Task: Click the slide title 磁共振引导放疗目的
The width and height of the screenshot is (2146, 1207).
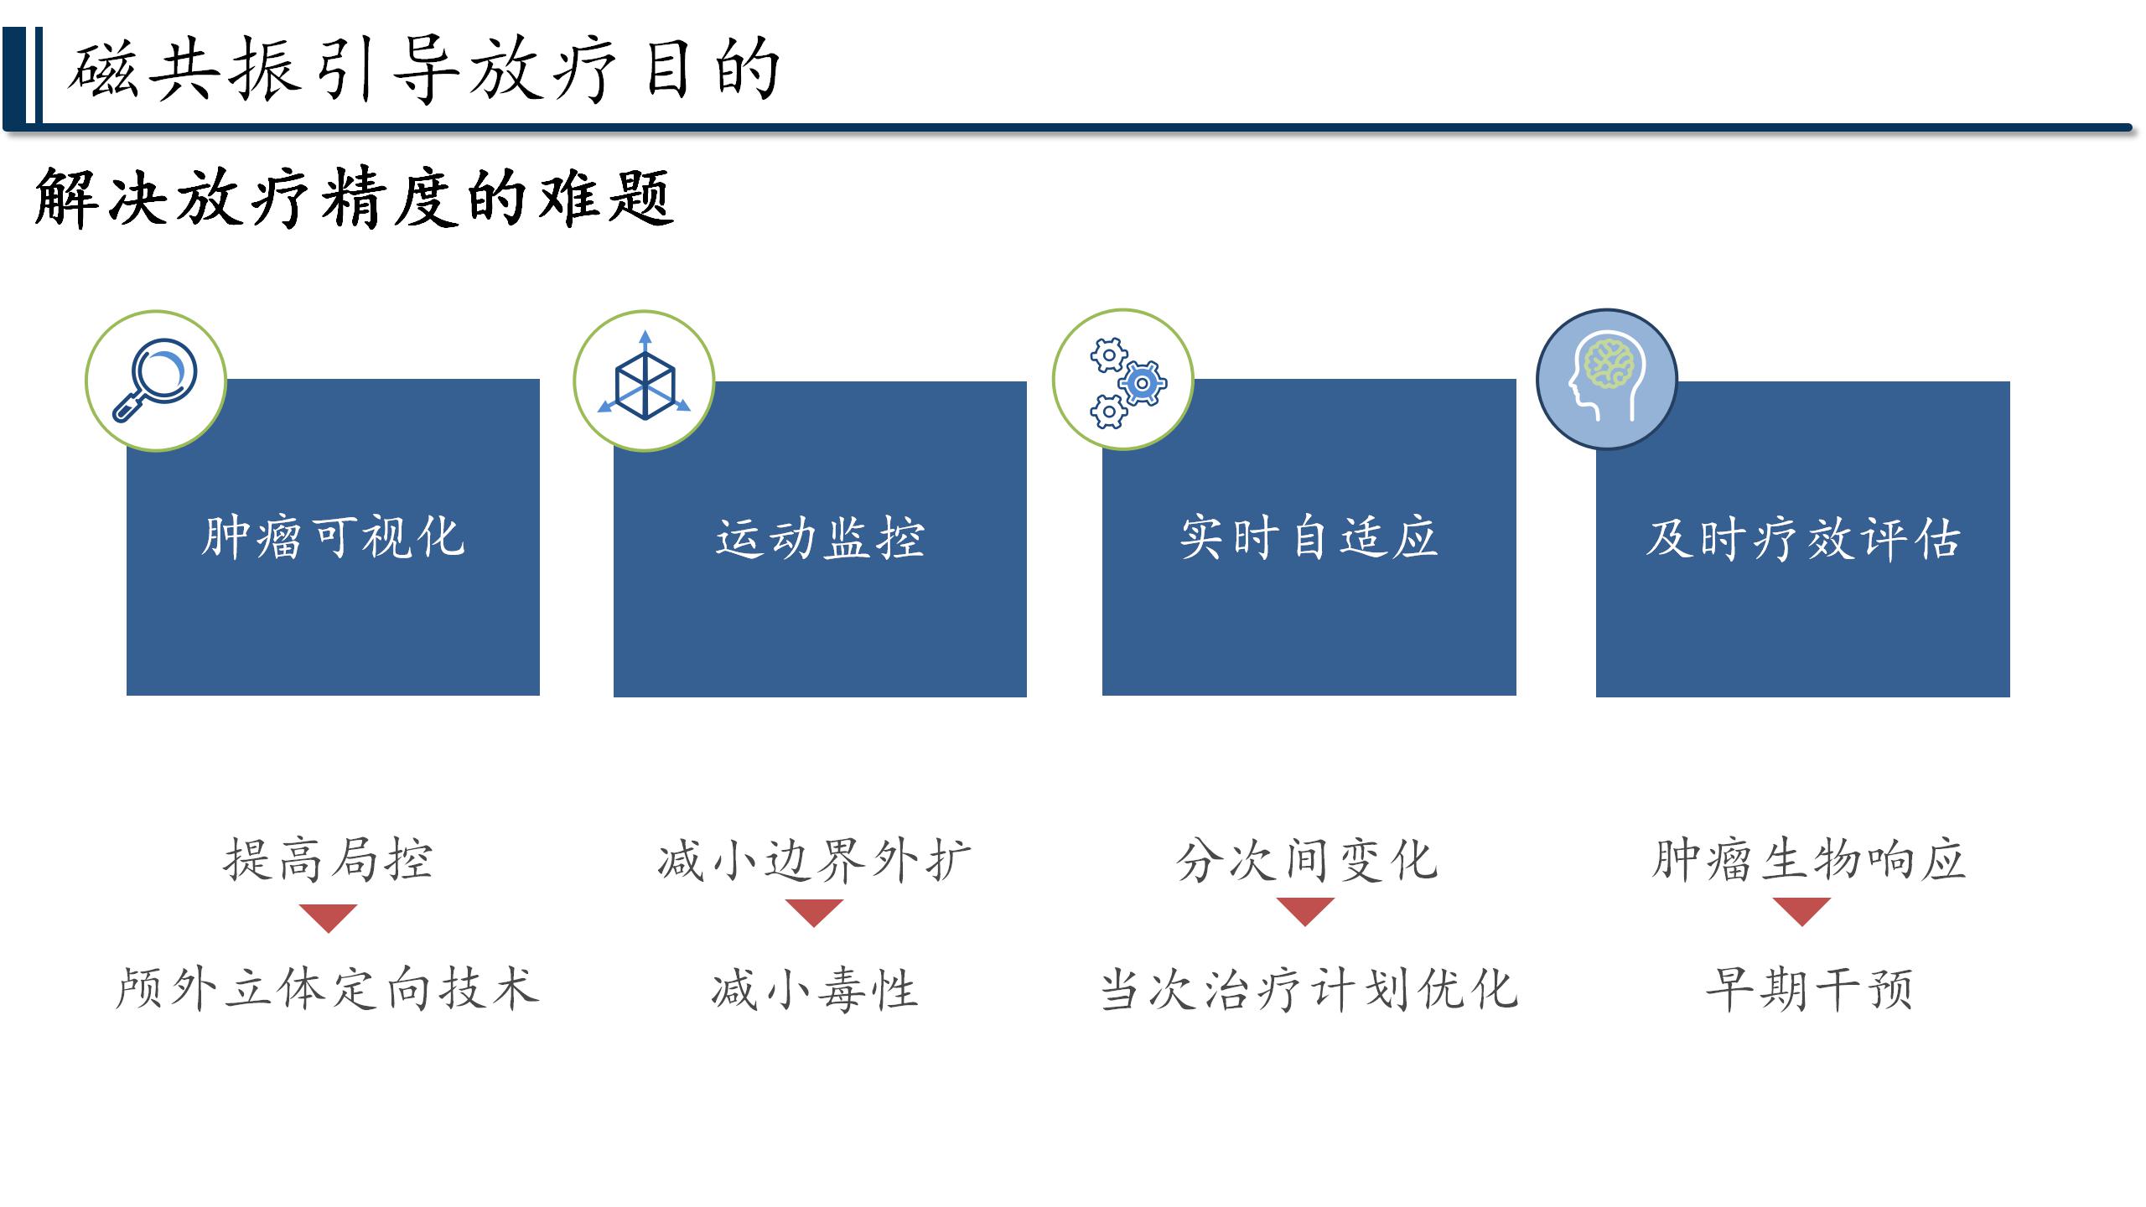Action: [424, 70]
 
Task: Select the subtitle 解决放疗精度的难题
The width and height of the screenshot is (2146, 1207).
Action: [354, 198]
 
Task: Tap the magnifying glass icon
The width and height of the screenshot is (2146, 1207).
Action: [155, 380]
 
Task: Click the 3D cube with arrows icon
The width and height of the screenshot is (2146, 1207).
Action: [644, 376]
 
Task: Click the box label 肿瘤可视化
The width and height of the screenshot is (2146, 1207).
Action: [333, 537]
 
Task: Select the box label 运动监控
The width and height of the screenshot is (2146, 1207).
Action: [820, 538]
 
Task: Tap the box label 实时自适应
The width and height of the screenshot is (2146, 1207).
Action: [1309, 537]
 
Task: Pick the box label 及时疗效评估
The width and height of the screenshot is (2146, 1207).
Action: [1803, 538]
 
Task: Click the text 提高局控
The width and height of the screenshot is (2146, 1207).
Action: [328, 860]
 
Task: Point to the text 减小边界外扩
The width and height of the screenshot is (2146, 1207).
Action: [814, 860]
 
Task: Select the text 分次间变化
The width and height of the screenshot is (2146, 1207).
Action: [1307, 860]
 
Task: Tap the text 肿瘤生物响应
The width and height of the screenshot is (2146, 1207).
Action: [1808, 860]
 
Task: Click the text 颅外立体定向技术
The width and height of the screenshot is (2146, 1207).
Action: [327, 989]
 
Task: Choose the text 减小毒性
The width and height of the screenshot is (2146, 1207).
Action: [815, 989]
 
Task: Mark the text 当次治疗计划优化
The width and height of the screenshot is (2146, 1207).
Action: [1309, 989]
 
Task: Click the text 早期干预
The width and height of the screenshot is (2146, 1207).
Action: [1809, 989]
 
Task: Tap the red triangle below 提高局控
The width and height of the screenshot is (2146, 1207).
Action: [329, 916]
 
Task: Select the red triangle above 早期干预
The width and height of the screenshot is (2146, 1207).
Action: [1802, 909]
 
